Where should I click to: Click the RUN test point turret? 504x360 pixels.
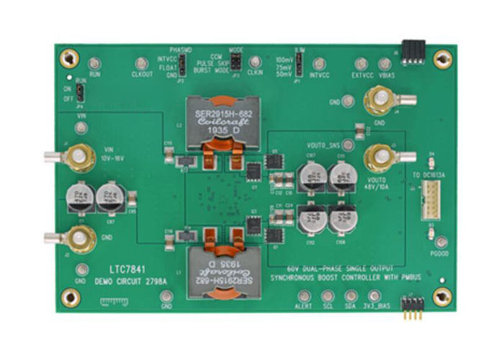pyautogui.click(x=94, y=63)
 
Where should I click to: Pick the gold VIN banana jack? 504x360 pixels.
pyautogui.click(x=80, y=156)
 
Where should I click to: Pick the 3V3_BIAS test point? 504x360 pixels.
pyautogui.click(x=374, y=296)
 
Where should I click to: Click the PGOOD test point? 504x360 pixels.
pyautogui.click(x=442, y=242)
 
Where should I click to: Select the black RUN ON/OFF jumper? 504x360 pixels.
pyautogui.click(x=81, y=93)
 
